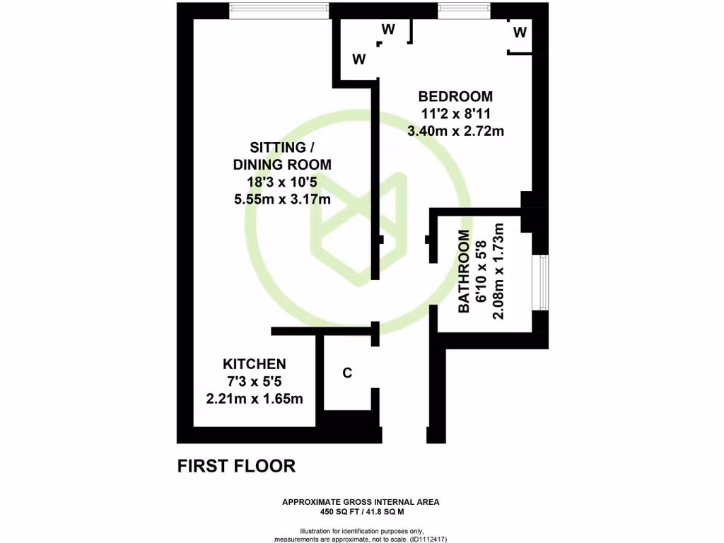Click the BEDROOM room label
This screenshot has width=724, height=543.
(x=455, y=96)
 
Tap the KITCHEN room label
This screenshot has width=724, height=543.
(x=255, y=364)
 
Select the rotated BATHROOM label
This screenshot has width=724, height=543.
(x=465, y=271)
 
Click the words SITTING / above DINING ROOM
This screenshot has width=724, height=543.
(x=282, y=148)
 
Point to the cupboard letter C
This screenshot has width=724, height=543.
(x=347, y=373)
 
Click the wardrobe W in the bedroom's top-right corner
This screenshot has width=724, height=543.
(x=520, y=32)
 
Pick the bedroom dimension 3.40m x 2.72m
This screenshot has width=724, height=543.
(x=455, y=130)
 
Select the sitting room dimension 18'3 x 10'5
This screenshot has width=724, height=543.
(x=282, y=182)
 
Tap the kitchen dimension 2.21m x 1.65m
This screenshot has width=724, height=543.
(x=255, y=399)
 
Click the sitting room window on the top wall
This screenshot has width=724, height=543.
(x=279, y=9)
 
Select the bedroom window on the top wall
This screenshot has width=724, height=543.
(x=464, y=9)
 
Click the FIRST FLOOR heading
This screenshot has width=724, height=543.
(x=235, y=466)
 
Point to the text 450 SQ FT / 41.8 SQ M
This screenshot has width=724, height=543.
(x=361, y=511)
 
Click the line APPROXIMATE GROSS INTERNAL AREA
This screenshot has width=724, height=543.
(x=361, y=502)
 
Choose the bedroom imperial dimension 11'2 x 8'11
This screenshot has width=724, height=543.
(x=455, y=113)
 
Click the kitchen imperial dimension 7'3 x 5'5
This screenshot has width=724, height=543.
(x=255, y=382)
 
